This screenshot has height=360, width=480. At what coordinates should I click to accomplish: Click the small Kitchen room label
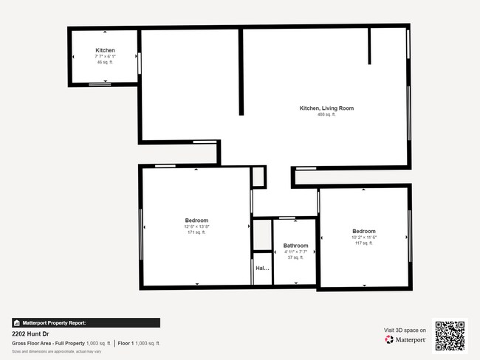pos(105,50)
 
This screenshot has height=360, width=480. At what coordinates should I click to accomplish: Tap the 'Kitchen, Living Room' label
pos(326,108)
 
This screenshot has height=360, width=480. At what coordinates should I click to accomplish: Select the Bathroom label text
pos(295,246)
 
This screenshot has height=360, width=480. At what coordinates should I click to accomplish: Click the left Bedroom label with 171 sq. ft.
pos(196,221)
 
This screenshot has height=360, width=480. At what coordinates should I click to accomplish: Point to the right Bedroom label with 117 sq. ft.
pos(364,232)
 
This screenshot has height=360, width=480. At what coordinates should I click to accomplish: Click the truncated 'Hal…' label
pos(262,269)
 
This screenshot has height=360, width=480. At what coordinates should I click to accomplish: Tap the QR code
pos(450,335)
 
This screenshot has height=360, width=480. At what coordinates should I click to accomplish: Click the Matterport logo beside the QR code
pos(405,340)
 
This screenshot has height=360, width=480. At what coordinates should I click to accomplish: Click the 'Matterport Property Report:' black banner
pos(86,322)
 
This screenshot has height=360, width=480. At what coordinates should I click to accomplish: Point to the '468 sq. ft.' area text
pos(326,114)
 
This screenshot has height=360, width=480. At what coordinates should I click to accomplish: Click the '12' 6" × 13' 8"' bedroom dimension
pos(196,226)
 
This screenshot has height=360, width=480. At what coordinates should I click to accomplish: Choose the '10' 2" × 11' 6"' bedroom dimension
pos(364,238)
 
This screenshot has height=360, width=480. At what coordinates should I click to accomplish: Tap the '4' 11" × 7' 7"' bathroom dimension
pos(295,252)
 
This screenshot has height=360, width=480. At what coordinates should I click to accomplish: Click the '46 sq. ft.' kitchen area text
pos(105,62)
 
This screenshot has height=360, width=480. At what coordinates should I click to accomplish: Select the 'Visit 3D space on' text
pos(405,330)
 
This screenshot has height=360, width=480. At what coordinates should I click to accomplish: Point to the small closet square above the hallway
pos(258,176)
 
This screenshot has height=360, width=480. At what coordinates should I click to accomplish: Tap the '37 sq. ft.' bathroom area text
pos(295,257)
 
